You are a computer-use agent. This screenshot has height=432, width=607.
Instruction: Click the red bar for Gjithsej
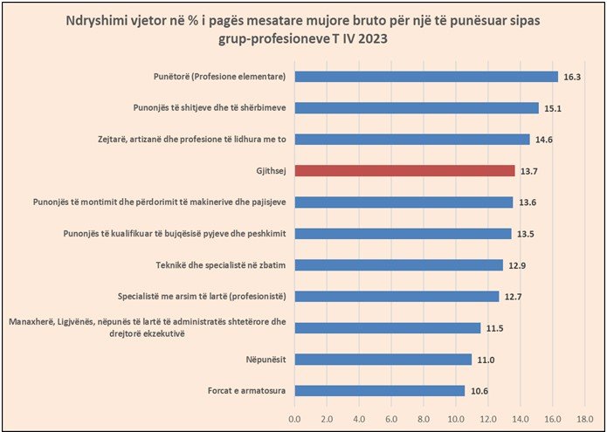404,171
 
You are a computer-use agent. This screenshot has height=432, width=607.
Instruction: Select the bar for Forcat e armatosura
380,391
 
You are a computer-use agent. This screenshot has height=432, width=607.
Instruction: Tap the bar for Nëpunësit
383,360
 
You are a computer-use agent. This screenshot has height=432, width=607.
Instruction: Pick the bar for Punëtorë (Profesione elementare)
425,77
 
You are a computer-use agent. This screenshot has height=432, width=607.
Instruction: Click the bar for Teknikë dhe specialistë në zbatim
398,265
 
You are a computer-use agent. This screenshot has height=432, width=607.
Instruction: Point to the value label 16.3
572,77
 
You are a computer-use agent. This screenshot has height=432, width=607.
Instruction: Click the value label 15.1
553,108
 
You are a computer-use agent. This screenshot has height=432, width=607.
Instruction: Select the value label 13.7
529,171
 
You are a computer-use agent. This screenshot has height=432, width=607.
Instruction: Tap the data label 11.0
486,360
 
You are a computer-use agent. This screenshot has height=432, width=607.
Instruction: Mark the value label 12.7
514,297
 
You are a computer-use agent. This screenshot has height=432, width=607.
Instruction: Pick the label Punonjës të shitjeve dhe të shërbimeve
216,108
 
